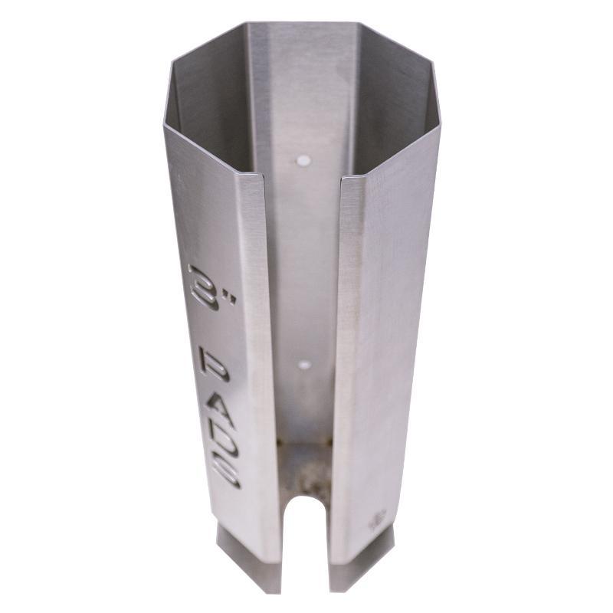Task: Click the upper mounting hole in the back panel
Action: pos(303,162)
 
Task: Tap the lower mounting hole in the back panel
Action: pos(305,365)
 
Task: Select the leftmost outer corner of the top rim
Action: pos(163,123)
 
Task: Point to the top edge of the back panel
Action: pos(306,24)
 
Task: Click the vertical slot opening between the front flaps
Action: pos(303,306)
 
